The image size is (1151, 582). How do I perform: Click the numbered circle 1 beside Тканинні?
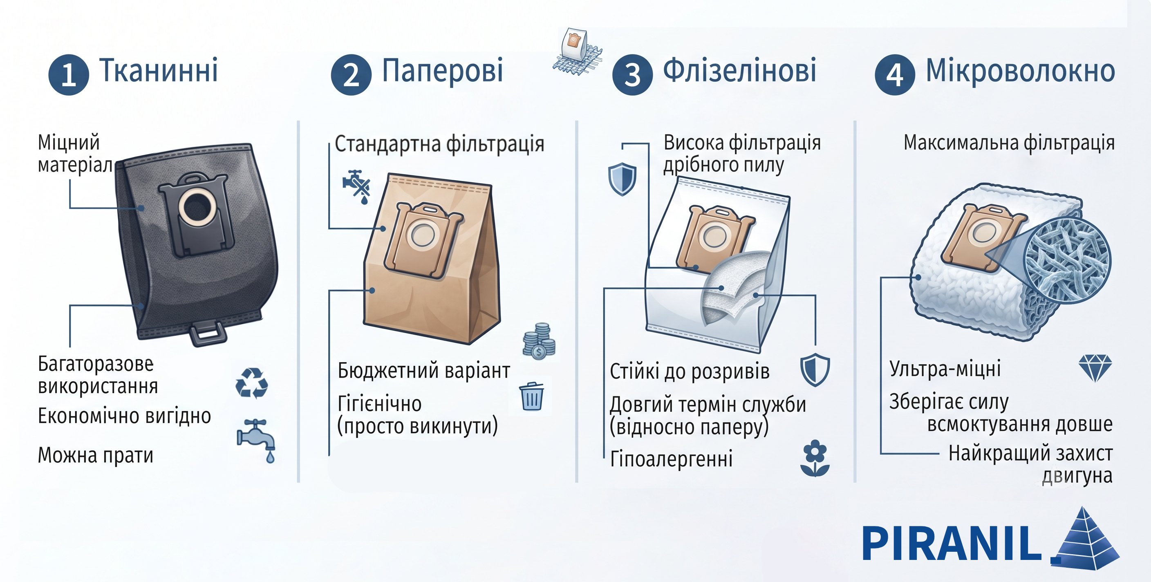68,75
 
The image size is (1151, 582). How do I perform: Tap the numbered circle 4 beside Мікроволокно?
895,75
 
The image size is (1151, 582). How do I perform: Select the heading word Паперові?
442,71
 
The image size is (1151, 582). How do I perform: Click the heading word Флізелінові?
739,71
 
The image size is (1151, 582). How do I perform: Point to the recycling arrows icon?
251,383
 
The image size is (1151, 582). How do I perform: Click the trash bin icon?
532,396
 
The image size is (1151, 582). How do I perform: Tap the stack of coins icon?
539,341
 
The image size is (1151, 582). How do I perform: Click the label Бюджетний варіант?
423,371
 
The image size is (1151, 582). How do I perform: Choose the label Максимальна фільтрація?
1009,143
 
